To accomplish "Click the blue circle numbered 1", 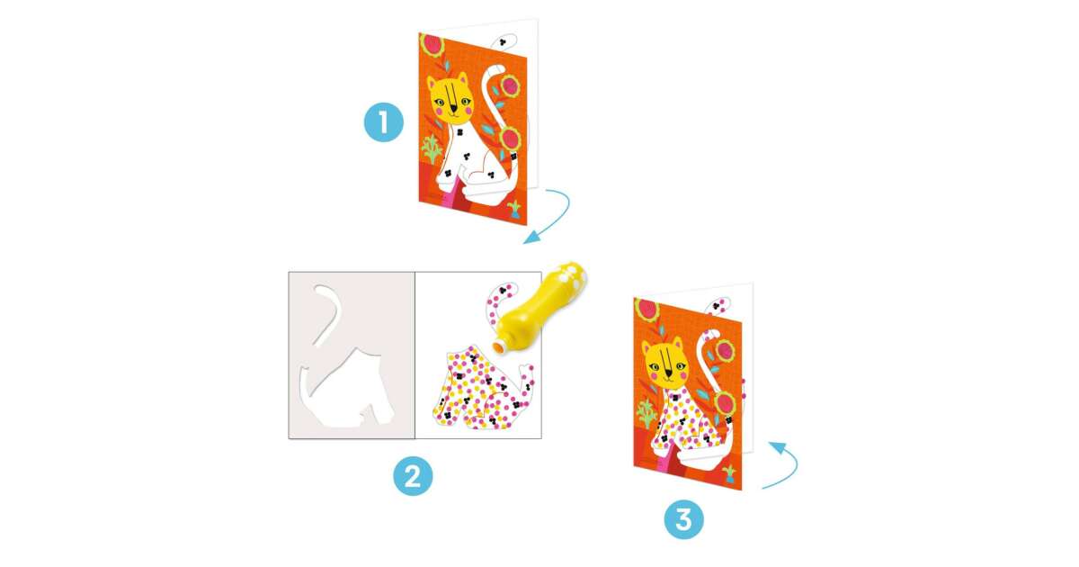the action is coord(383,122).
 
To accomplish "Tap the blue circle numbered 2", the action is coord(413,476).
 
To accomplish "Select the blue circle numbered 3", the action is coord(683,520).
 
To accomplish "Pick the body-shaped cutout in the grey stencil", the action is coord(348,391).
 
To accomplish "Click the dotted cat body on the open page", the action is coord(482,391).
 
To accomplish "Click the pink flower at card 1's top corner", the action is coord(432,45).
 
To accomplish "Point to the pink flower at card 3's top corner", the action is coord(647,310).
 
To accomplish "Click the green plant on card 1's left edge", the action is coord(432,148).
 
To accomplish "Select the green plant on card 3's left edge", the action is coord(647,414).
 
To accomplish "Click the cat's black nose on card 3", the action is coord(668,373).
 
